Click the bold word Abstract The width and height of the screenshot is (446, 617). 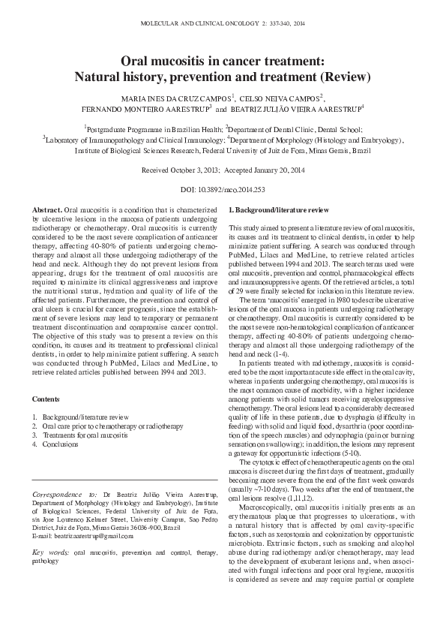pyautogui.click(x=49, y=208)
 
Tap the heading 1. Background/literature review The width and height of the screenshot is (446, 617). pyautogui.click(x=278, y=208)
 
